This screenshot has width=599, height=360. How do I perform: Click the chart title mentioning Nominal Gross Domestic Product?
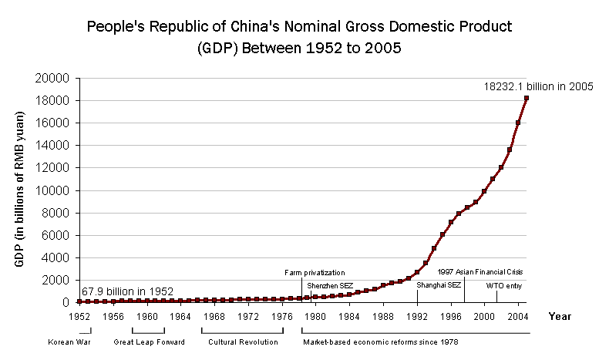[299, 36]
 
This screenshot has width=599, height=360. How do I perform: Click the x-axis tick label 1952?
[79, 316]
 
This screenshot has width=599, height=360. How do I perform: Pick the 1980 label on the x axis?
[315, 316]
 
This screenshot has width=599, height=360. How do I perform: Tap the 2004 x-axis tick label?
[518, 316]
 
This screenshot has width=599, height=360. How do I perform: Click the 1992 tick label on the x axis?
[417, 316]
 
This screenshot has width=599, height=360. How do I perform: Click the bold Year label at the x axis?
[560, 316]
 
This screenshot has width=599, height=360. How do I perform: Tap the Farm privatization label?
[314, 272]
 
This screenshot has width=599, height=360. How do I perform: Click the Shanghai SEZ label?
[439, 285]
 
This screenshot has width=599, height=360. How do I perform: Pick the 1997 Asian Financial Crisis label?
[480, 272]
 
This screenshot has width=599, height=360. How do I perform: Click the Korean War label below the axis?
[65, 341]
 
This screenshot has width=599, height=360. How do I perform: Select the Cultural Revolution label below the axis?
[243, 341]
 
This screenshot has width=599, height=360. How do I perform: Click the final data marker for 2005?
[527, 98]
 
